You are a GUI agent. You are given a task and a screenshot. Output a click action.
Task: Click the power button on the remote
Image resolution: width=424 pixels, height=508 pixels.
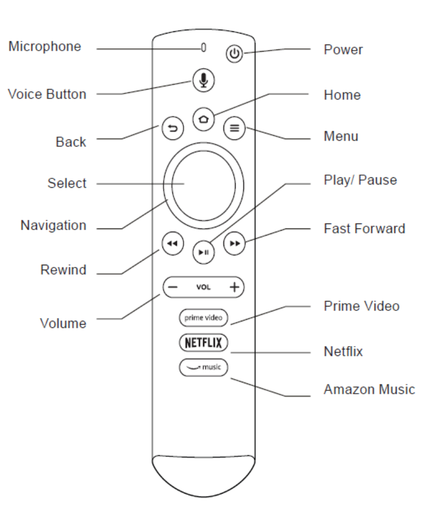235,54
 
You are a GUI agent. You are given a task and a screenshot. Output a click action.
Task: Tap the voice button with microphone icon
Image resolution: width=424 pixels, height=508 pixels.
204,81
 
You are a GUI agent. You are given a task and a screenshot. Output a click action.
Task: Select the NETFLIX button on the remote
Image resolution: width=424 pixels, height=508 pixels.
203,343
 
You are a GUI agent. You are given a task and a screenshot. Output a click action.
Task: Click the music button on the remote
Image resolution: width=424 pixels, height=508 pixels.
203,367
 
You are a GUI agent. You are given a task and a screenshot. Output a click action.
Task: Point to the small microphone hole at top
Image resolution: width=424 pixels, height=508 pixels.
204,48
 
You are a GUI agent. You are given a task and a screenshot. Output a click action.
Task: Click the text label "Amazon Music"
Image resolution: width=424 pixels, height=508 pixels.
369,390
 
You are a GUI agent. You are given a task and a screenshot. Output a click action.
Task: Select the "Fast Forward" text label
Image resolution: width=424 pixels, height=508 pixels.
364,228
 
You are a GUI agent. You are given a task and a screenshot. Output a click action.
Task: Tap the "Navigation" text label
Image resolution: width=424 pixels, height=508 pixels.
53,225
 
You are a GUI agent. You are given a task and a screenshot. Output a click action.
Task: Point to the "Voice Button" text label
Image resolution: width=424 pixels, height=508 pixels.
47,94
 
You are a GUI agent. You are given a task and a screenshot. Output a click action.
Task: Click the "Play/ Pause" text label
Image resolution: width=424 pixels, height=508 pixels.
360,180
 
